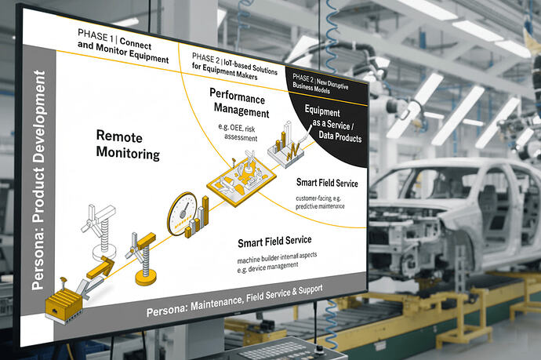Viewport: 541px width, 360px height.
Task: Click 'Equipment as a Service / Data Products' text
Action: tap(332, 125)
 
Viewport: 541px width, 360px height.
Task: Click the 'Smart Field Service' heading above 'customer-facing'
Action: tap(327, 182)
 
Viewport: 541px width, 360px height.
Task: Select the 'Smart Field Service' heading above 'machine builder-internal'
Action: tap(274, 240)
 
